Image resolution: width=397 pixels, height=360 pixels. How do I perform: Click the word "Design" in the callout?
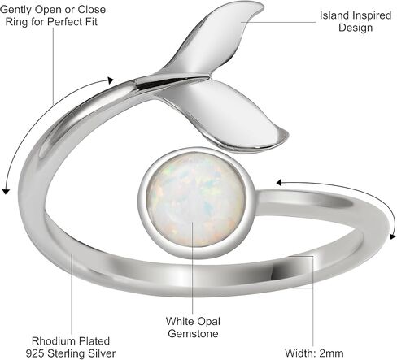click(x=356, y=28)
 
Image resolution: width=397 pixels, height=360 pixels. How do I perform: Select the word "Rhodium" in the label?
click(x=51, y=341)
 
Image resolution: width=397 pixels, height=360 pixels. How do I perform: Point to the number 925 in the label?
click(x=35, y=353)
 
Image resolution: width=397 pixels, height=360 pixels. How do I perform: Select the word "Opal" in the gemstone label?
click(x=208, y=322)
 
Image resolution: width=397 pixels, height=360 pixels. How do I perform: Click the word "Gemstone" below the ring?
click(x=193, y=333)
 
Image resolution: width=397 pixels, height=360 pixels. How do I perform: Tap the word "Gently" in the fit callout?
click(x=16, y=10)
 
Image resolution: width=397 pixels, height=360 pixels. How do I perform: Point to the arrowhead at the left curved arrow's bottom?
click(x=6, y=191)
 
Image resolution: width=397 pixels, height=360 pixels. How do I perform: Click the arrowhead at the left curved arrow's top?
click(x=110, y=80)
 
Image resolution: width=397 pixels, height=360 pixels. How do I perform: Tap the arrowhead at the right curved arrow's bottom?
click(x=392, y=236)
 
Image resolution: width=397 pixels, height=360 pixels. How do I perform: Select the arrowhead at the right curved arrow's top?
click(x=279, y=183)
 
